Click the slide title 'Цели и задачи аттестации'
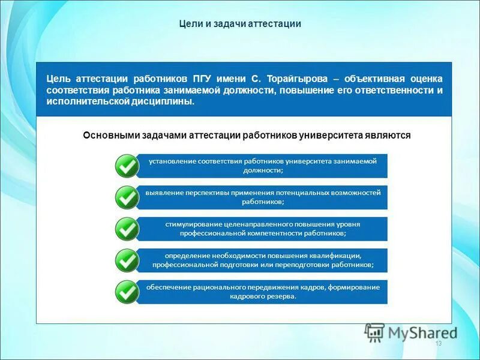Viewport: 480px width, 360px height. [240, 24]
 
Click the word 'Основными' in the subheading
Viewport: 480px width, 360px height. [110, 136]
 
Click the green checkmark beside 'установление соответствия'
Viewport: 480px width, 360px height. [127, 166]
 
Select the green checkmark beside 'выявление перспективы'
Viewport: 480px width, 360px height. [127, 197]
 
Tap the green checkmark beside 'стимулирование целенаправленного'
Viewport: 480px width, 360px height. [127, 229]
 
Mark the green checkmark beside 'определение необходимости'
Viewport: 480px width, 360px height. [127, 260]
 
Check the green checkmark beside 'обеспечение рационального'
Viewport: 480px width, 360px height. [127, 292]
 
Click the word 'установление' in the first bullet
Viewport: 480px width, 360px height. [171, 161]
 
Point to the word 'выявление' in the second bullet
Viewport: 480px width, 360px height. [163, 193]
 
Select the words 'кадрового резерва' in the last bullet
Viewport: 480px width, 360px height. [262, 296]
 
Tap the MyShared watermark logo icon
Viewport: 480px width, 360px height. [375, 332]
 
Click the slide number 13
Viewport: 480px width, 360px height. [438, 343]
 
